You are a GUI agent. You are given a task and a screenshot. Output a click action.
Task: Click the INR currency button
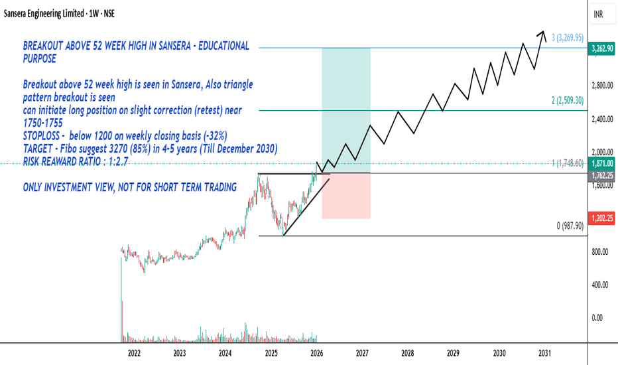(598, 14)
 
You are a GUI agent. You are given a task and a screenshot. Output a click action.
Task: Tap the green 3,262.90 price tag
(601, 49)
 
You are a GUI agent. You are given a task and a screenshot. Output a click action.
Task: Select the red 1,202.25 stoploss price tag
(601, 218)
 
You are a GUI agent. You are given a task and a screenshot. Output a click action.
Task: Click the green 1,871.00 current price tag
(601, 163)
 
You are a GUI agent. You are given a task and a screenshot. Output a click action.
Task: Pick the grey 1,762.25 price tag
(601, 175)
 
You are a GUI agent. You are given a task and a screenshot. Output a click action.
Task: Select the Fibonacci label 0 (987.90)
(570, 226)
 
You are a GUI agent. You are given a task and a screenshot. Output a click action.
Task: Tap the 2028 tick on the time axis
(408, 353)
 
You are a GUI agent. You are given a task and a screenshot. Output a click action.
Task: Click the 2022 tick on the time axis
(134, 353)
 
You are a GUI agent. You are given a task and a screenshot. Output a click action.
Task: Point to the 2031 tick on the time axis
(544, 353)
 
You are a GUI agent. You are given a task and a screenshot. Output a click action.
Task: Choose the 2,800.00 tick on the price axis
(603, 85)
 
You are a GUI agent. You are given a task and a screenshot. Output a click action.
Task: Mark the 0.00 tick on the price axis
(597, 318)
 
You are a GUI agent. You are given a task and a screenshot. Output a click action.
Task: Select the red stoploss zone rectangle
(346, 196)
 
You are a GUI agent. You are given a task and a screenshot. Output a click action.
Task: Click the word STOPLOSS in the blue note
(41, 136)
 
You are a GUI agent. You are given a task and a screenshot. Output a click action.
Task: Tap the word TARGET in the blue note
(37, 149)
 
